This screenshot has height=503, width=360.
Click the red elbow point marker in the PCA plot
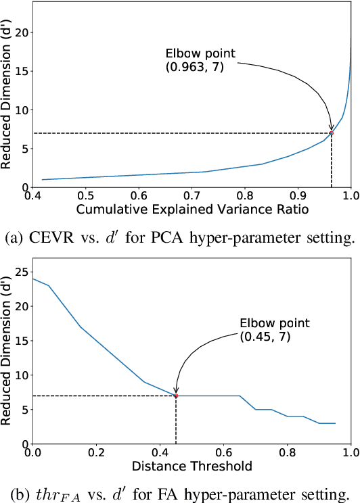pos(331,133)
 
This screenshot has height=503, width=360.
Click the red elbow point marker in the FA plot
pos(176,396)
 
